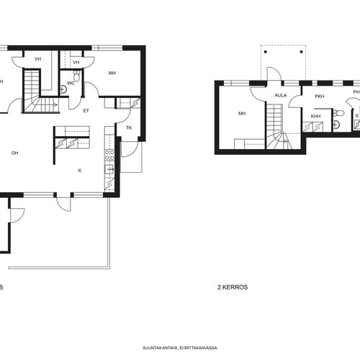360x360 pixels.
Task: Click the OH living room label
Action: click(x=14, y=153)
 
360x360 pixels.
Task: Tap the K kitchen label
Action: click(x=80, y=171)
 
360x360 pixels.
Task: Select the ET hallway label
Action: click(x=86, y=111)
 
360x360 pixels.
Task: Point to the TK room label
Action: click(x=129, y=128)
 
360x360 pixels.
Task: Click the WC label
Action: click(x=71, y=84)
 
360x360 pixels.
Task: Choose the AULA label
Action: click(x=281, y=96)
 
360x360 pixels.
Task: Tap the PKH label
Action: click(x=320, y=96)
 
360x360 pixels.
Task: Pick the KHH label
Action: click(x=315, y=117)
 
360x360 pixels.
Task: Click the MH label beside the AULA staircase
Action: click(x=242, y=113)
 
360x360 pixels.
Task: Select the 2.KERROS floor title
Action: click(x=233, y=287)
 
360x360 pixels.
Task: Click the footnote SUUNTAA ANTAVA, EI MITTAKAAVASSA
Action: click(x=180, y=348)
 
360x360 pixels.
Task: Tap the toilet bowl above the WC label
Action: click(x=76, y=76)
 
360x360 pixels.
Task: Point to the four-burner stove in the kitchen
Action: click(x=109, y=155)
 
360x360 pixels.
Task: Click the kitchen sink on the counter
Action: click(x=109, y=169)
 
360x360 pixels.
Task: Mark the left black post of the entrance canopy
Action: click(x=266, y=52)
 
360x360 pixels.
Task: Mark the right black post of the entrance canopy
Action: click(x=302, y=52)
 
